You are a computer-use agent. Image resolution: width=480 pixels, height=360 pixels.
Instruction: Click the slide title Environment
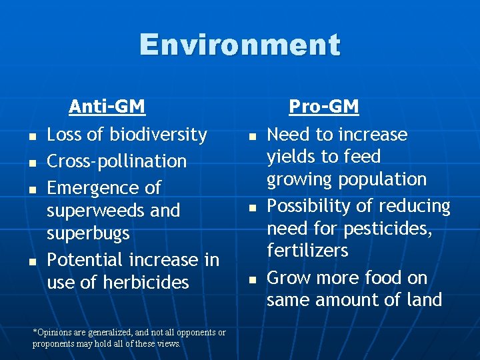click(x=240, y=45)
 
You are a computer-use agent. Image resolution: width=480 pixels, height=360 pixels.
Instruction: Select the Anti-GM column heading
click(x=107, y=107)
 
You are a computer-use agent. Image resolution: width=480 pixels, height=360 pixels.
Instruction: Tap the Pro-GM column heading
click(x=323, y=107)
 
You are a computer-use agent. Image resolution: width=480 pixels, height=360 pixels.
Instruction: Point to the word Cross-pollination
click(x=117, y=161)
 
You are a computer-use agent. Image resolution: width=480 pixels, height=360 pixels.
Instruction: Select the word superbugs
click(x=88, y=234)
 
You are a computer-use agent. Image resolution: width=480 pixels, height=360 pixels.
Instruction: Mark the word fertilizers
click(x=307, y=251)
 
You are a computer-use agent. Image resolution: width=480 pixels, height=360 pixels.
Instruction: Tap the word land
click(x=425, y=300)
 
